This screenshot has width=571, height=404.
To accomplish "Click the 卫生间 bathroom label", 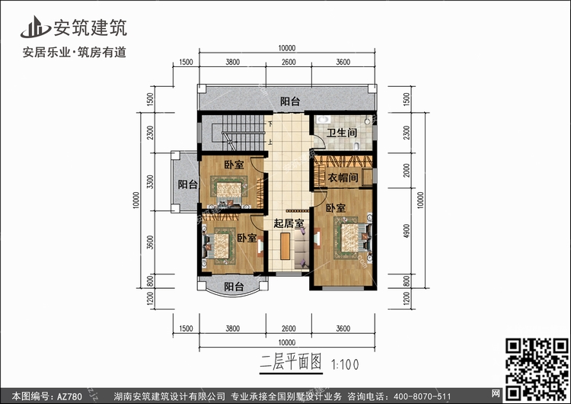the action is (341, 133).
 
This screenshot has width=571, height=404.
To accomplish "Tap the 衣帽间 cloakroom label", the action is (343, 178).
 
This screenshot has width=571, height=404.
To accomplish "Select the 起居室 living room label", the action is (289, 223).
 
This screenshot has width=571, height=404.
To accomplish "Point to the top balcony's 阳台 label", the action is (290, 101).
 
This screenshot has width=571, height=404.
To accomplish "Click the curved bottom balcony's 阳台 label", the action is (234, 287).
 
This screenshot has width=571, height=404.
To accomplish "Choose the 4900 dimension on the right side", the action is (407, 231).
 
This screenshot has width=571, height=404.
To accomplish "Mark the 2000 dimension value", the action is (407, 170).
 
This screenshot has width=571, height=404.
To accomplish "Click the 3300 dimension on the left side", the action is (150, 182).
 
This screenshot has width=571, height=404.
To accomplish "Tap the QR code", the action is (538, 368).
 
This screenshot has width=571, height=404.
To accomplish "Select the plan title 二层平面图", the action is (291, 362).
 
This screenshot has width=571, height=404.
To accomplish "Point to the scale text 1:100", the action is (345, 364).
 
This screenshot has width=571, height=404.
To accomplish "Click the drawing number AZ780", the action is (69, 396).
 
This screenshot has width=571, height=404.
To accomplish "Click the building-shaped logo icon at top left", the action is (35, 27).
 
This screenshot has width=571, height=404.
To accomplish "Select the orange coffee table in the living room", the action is (285, 246).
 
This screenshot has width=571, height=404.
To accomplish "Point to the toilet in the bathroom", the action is (357, 146).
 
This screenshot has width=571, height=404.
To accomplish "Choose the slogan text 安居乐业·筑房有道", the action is (75, 53).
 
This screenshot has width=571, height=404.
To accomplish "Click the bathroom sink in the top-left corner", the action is (322, 119).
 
